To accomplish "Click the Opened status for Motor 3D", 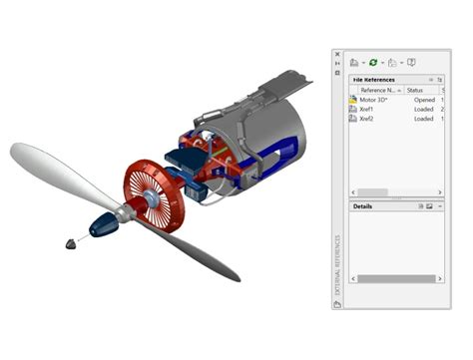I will [x=424, y=100].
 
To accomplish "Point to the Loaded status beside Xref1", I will [x=424, y=109].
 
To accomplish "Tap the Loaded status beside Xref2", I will [x=424, y=119].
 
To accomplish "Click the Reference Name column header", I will [x=380, y=90].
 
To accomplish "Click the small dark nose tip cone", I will [x=68, y=241].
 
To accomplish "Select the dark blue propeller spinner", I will [x=104, y=224].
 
